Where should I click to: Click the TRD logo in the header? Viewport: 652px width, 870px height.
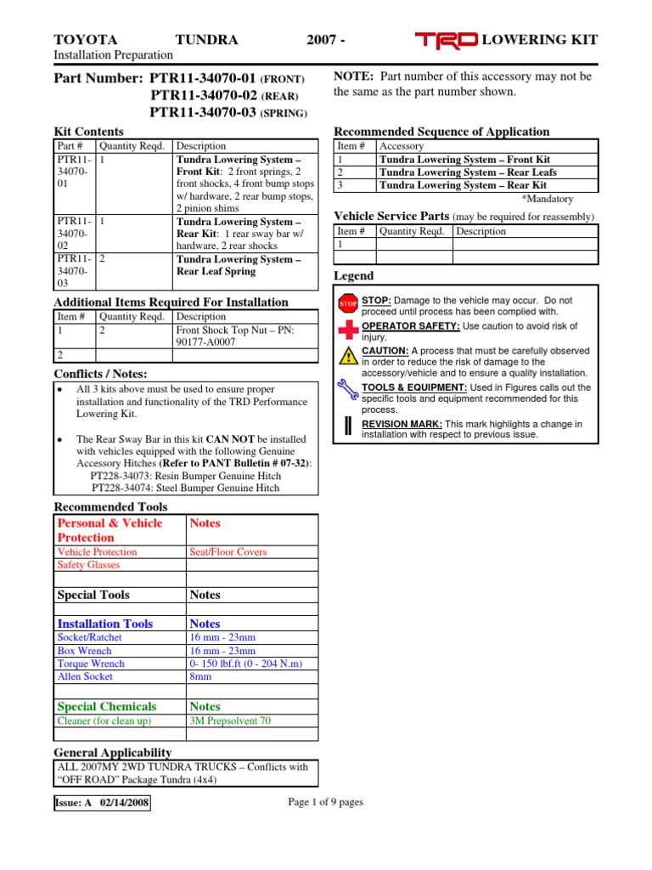tap(447, 40)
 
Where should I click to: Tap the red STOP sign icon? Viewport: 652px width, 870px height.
tap(348, 303)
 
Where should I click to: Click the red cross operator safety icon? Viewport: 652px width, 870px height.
tap(348, 330)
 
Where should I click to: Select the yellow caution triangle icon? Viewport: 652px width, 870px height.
tap(348, 356)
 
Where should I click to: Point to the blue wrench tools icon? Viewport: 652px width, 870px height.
tap(348, 390)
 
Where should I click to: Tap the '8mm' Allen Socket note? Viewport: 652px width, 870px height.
tap(201, 677)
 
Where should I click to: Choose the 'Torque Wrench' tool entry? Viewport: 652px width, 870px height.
tap(91, 664)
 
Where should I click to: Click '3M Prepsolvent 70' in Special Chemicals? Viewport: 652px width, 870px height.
tap(230, 720)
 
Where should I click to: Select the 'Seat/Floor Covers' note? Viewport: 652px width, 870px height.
tap(228, 551)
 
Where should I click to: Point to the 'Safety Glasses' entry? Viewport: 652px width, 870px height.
tap(88, 565)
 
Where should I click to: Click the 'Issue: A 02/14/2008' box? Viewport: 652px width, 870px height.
tap(102, 803)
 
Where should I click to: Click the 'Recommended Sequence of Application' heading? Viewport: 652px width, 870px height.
tap(441, 132)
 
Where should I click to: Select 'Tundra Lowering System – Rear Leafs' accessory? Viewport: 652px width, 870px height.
tap(468, 172)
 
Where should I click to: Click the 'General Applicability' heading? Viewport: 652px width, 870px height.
tap(113, 753)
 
